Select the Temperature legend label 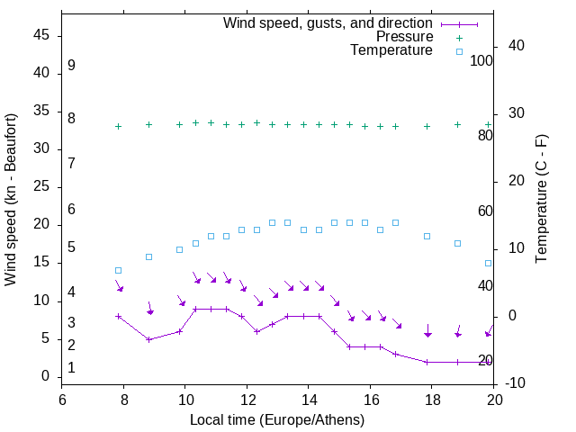pyautogui.click(x=391, y=51)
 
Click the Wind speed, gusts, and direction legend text pyautogui.click(x=328, y=22)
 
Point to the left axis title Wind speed pyautogui.click(x=11, y=200)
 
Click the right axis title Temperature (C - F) pyautogui.click(x=541, y=200)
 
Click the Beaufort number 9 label pyautogui.click(x=71, y=66)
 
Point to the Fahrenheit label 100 pyautogui.click(x=481, y=60)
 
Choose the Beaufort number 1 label pyautogui.click(x=71, y=368)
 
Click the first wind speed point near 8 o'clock pyautogui.click(x=118, y=316)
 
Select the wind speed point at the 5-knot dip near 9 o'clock pyautogui.click(x=148, y=339)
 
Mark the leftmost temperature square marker pyautogui.click(x=118, y=270)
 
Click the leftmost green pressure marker pyautogui.click(x=118, y=126)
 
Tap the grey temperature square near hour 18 pyautogui.click(x=427, y=236)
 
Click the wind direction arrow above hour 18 pyautogui.click(x=427, y=331)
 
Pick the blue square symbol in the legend pyautogui.click(x=459, y=51)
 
